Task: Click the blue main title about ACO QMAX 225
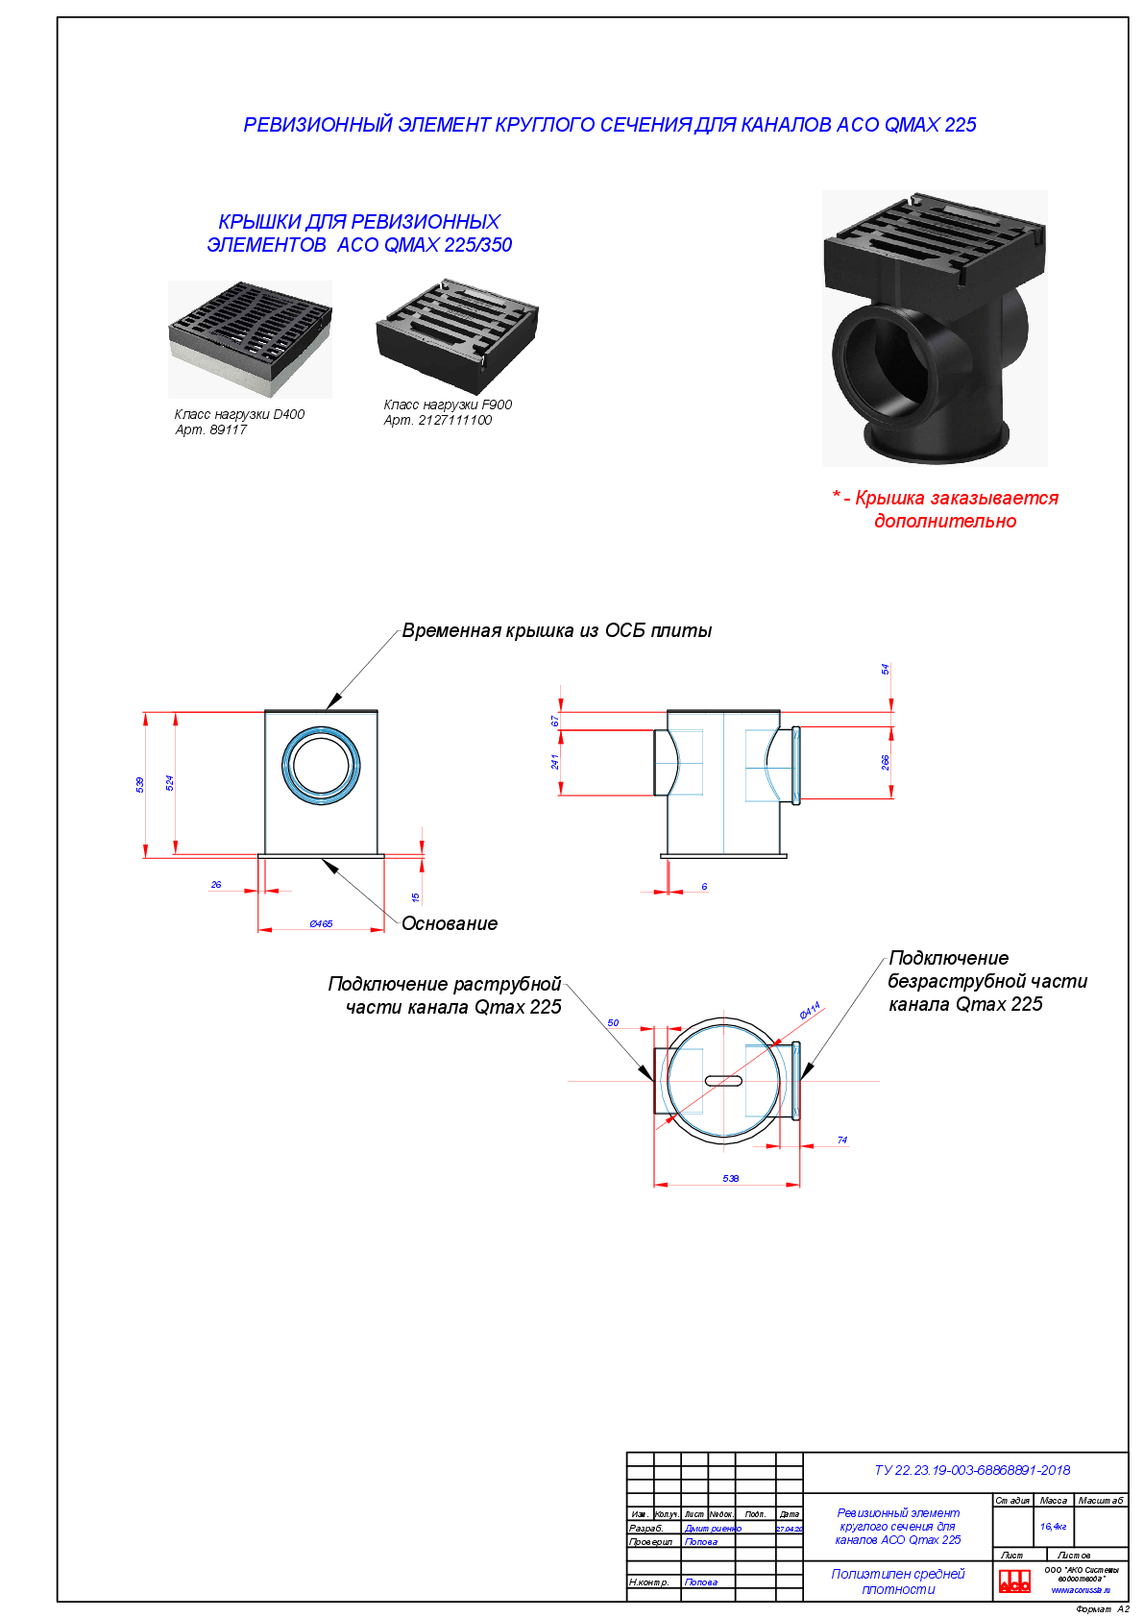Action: click(609, 125)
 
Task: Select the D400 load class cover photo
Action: click(251, 338)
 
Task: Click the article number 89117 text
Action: click(211, 430)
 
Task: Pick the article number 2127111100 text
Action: click(438, 421)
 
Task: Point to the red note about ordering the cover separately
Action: click(945, 509)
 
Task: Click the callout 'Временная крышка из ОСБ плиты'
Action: click(557, 631)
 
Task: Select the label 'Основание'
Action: click(450, 924)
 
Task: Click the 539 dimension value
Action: click(140, 784)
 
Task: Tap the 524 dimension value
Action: click(170, 783)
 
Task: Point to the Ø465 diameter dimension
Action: click(321, 923)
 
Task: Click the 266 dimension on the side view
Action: click(886, 762)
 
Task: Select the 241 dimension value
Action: click(555, 762)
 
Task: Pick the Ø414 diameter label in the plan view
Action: click(810, 1010)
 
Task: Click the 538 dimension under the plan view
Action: click(731, 1179)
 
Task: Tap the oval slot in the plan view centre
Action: click(723, 1081)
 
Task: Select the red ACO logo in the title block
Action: click(1014, 1581)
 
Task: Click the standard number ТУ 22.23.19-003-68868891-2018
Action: click(972, 1470)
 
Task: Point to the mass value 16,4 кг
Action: click(1053, 1526)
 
